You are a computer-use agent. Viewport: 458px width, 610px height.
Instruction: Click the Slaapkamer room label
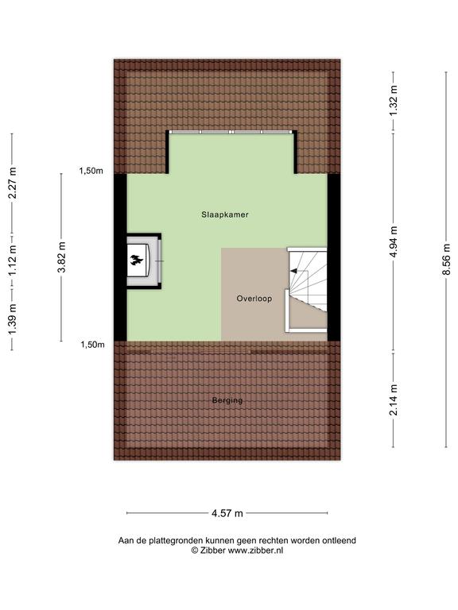(225, 214)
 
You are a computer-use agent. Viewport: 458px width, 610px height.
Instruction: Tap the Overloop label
(254, 299)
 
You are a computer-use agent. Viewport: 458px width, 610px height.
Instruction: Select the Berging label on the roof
(227, 400)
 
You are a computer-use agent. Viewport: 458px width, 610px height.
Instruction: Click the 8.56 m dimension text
(446, 259)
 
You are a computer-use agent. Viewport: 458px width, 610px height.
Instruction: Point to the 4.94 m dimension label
(394, 241)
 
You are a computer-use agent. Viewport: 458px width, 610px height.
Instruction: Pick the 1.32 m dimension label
(394, 100)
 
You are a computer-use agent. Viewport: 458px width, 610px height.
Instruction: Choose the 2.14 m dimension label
(394, 400)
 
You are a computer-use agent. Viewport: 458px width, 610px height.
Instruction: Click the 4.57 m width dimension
(227, 513)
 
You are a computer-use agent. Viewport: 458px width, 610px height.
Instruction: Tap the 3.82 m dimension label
(61, 257)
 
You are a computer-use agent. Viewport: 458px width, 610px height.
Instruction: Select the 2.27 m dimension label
(12, 183)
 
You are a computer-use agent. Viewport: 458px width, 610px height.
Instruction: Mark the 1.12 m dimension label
(12, 261)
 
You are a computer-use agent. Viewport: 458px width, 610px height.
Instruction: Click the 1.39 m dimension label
(12, 319)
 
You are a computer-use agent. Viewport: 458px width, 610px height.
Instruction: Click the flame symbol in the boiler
(136, 260)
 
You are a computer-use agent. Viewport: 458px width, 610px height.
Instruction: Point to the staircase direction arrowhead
(293, 271)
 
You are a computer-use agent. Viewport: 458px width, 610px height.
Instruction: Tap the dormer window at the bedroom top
(231, 132)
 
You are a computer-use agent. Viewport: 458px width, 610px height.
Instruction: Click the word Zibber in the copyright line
(212, 550)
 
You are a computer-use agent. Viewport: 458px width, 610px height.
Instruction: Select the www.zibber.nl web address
(255, 550)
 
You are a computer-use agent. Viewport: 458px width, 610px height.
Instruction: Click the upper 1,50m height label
(91, 171)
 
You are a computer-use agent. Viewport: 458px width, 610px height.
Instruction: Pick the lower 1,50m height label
(93, 344)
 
